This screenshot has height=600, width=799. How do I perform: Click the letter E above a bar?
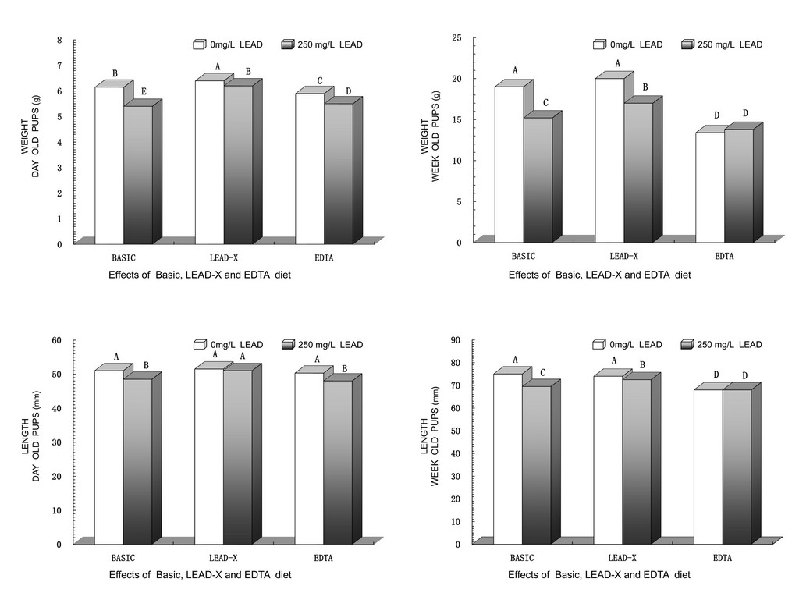[144, 92]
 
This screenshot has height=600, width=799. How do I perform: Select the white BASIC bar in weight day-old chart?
[109, 164]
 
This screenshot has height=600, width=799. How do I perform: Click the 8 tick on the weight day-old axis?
[59, 40]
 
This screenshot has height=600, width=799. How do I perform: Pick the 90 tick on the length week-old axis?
[456, 340]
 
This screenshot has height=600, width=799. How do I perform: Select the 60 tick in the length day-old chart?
[57, 340]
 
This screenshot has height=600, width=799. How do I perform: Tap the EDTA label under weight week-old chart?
[723, 256]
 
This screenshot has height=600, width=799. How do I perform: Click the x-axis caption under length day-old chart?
[200, 575]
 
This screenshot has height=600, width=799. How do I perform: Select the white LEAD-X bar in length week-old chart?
[608, 460]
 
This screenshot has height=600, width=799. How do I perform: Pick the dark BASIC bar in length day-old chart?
[137, 460]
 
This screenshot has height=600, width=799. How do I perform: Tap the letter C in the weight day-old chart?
[320, 81]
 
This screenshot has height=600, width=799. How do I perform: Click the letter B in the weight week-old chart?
[645, 87]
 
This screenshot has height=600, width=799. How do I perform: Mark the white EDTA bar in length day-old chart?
[309, 458]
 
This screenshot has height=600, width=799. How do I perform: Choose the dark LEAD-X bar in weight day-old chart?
[238, 164]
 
